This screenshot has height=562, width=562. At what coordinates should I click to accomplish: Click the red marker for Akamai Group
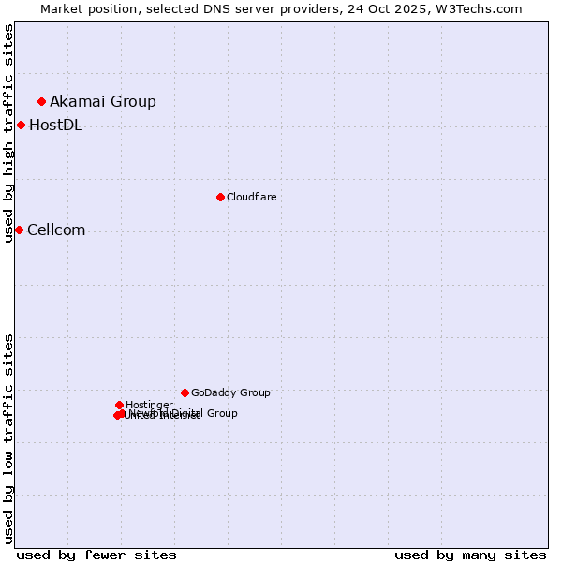click(41, 101)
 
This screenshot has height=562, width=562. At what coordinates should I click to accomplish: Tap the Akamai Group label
click(103, 101)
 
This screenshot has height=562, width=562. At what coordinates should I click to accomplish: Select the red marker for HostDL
click(21, 125)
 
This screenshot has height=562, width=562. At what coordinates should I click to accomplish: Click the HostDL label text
click(55, 126)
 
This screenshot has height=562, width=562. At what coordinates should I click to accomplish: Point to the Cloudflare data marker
click(220, 197)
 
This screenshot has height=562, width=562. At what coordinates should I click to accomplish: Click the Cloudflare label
click(251, 197)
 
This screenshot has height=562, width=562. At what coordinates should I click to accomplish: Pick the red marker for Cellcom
click(19, 229)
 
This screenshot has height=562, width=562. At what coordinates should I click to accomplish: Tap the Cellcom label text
click(56, 230)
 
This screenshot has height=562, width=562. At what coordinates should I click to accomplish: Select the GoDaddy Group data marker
click(185, 392)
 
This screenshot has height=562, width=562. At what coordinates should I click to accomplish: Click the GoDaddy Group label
click(230, 392)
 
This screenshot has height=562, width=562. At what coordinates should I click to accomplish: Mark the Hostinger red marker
click(119, 405)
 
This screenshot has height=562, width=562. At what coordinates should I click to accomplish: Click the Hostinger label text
click(149, 405)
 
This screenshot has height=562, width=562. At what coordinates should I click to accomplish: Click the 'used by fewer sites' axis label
click(96, 555)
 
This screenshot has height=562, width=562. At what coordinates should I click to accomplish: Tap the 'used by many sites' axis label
click(470, 555)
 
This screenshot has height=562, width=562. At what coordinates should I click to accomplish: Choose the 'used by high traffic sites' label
click(8, 133)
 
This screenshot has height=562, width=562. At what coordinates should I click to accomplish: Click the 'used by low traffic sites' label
click(8, 437)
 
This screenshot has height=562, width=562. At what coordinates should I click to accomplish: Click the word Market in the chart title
click(64, 8)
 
